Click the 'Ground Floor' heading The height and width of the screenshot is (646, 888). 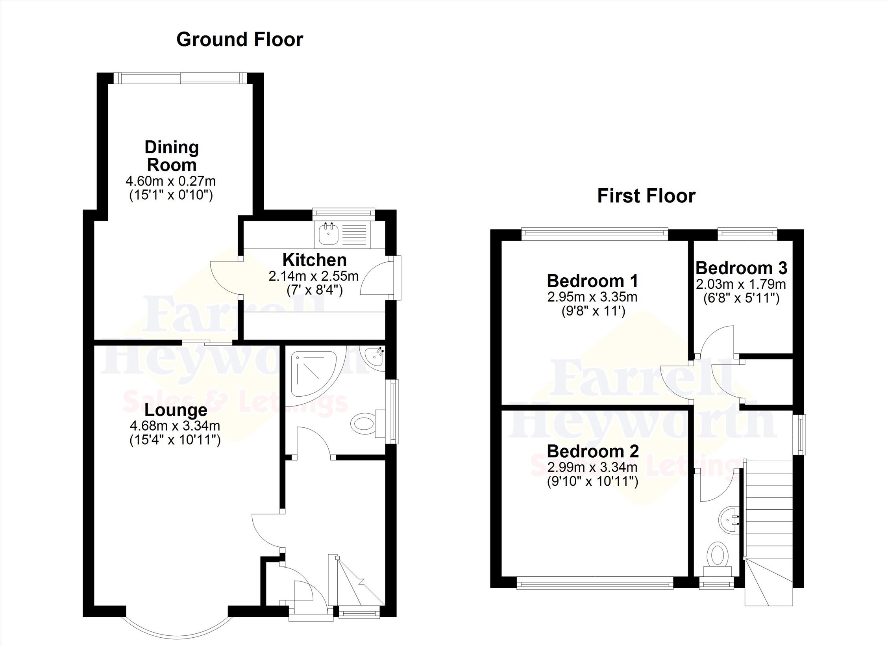point(240,39)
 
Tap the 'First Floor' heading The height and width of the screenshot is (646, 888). point(646,196)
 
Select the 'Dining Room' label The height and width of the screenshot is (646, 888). point(172,156)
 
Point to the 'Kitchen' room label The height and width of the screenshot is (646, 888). point(314,260)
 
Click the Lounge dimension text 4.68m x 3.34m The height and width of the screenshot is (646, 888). point(175,426)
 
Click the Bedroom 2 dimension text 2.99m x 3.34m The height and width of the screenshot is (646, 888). point(592,468)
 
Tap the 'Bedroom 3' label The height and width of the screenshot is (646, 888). point(741,268)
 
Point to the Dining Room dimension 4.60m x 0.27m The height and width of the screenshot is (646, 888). point(170,181)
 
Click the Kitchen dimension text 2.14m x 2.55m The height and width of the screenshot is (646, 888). point(314,276)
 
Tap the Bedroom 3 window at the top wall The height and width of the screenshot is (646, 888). point(747,234)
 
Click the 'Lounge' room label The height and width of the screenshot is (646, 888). point(176,410)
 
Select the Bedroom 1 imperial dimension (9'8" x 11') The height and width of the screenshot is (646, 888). point(593,312)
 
